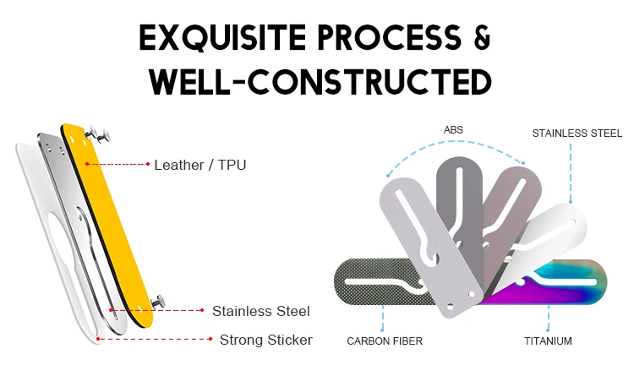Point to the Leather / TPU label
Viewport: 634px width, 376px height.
point(199,165)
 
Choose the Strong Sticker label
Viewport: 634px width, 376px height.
point(265,340)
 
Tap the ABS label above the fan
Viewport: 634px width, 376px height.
point(453,130)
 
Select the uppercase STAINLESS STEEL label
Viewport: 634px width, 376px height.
point(577,134)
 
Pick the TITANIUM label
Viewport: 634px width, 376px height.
point(547,341)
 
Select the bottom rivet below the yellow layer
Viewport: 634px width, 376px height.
point(159,301)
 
